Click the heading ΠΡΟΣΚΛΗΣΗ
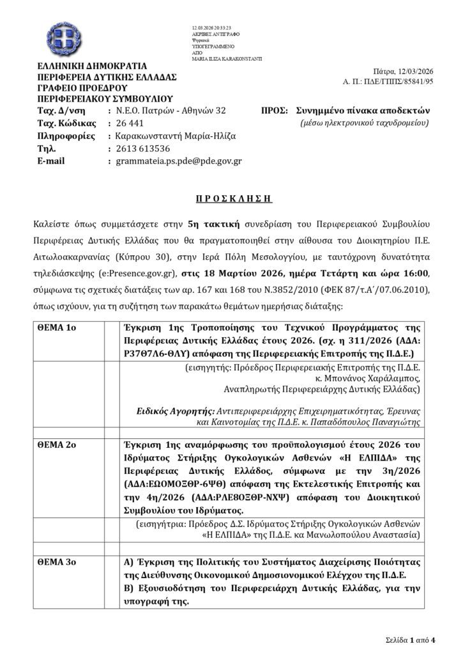click(x=232, y=200)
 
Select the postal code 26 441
click(x=130, y=123)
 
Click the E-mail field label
click(x=52, y=161)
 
